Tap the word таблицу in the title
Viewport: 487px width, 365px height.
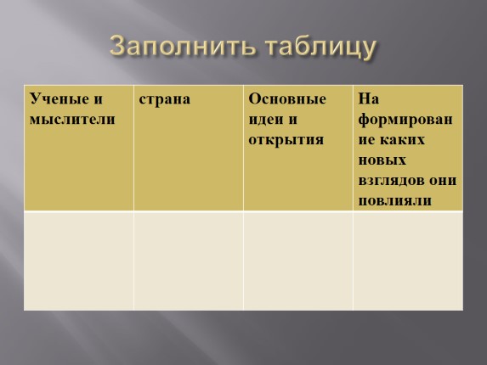point(320,48)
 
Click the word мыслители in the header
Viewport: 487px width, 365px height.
point(72,120)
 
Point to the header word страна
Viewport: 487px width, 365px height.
point(165,99)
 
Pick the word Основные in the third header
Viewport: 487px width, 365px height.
point(287,99)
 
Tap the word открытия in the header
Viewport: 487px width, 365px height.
point(286,140)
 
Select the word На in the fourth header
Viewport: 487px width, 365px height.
point(369,99)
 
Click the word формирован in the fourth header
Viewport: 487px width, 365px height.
point(405,120)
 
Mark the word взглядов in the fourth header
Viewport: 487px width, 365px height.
point(391,181)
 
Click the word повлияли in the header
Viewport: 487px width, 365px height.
point(394,201)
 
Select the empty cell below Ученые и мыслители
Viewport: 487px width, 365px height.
point(79,261)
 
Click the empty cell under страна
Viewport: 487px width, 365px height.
point(189,261)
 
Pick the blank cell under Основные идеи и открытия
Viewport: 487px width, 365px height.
point(298,261)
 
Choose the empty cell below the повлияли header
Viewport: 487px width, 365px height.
point(408,261)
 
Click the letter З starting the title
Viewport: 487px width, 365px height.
point(118,46)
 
